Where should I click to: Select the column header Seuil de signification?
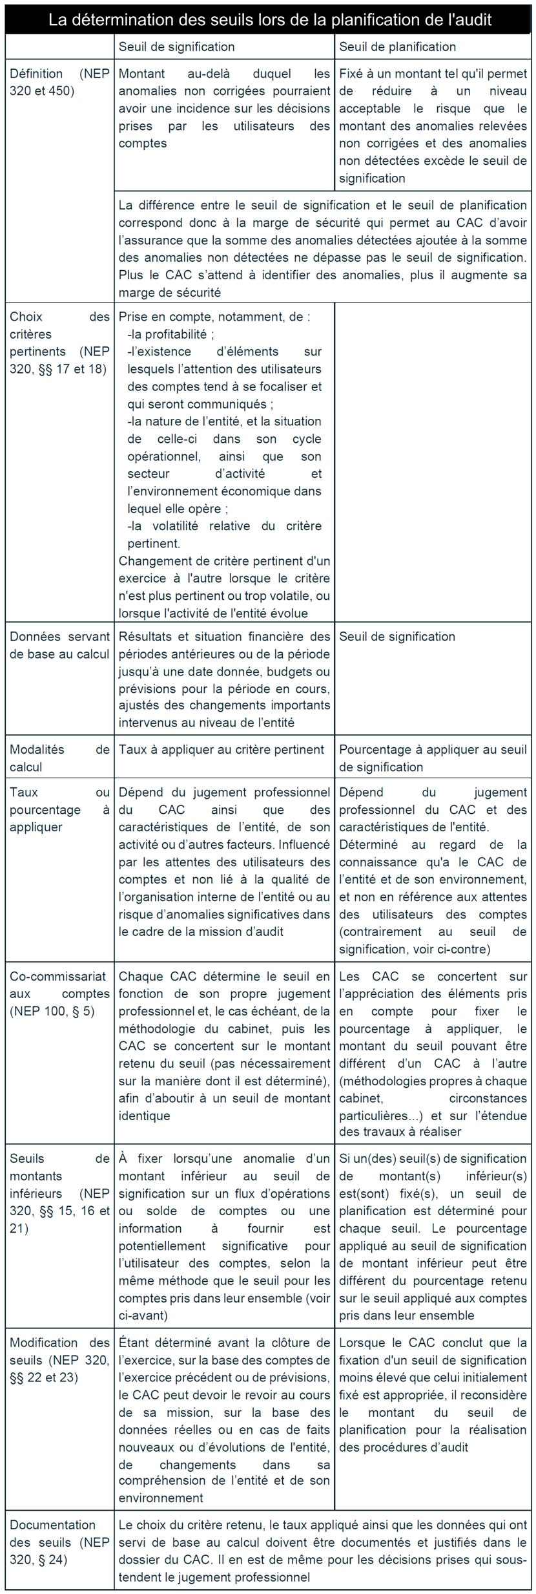pos(176,47)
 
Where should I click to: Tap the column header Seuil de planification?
pos(397,47)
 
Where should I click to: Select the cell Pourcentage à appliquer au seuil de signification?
pos(433,758)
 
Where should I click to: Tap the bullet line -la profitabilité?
pos(171,334)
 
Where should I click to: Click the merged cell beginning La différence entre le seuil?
pos(323,248)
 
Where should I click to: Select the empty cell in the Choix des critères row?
pos(433,462)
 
